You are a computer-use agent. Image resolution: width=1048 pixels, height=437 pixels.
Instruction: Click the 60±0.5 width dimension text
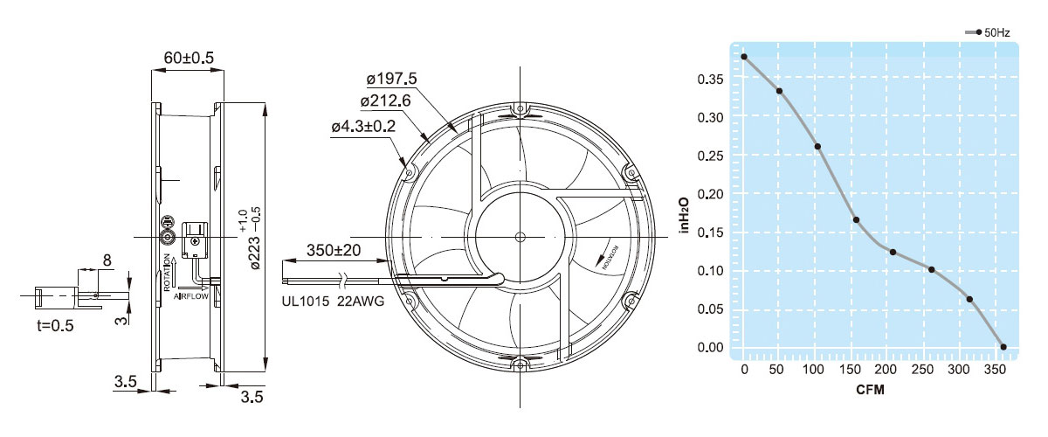point(189,58)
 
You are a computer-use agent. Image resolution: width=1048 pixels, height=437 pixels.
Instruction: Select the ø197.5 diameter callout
point(391,79)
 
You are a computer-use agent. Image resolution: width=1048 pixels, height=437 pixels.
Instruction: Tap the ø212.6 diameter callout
point(385,101)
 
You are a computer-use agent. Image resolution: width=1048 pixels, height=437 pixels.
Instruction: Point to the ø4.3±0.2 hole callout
point(363,126)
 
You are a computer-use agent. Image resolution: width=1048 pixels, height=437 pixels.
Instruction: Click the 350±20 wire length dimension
point(334,250)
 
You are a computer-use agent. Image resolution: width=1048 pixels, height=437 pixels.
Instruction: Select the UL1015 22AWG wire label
point(333,302)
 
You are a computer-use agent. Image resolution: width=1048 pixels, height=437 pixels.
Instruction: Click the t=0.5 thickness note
point(55,325)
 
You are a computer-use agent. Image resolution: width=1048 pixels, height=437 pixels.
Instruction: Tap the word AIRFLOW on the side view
point(191,296)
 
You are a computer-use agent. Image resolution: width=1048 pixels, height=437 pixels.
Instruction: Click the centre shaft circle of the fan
point(520,237)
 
